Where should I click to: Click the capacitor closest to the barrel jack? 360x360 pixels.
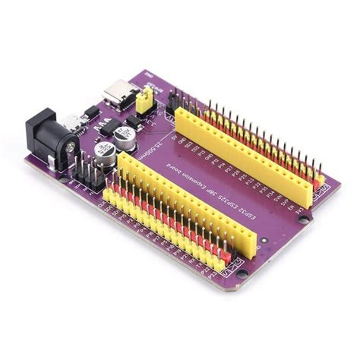pos(106,157)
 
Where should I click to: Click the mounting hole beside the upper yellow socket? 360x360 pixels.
pos(303,218)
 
